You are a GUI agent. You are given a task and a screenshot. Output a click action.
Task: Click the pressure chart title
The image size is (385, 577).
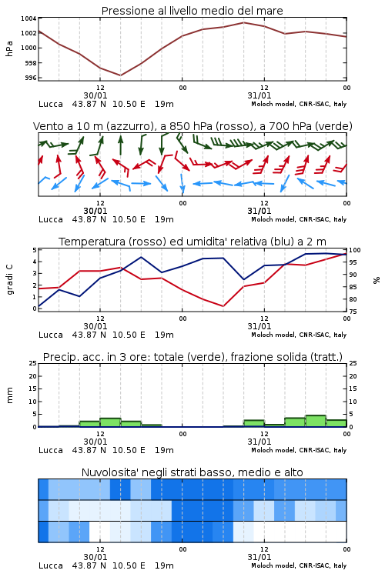pos(192,11)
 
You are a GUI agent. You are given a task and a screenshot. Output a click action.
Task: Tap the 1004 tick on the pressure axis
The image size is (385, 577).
pos(28,18)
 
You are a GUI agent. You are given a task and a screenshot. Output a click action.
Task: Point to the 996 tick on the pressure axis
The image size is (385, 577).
pos(31,78)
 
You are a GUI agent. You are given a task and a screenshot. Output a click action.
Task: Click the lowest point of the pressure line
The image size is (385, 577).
pos(120,75)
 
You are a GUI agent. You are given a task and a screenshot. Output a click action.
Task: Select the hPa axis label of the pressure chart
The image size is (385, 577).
pos(9,48)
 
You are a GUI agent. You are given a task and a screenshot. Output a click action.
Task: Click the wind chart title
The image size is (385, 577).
pos(192,126)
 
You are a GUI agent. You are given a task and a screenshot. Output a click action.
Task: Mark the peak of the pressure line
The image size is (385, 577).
pos(243,22)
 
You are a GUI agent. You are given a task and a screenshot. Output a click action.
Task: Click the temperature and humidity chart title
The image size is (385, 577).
pos(192,242)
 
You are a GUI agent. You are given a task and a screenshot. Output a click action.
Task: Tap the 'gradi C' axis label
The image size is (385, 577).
pos(10,279)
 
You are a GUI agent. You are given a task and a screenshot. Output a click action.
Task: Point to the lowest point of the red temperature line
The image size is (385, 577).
pos(223,306)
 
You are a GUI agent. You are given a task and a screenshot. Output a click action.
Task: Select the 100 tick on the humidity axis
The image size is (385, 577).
pos(355,250)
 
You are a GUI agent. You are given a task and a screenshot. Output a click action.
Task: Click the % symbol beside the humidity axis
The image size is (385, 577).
pos(377,280)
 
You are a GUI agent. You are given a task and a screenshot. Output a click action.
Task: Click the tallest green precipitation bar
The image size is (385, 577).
pos(316,421)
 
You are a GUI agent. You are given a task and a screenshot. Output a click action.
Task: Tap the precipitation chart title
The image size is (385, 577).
pos(192,357)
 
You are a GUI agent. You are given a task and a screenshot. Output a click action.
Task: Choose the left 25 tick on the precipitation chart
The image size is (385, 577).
pos(33,363)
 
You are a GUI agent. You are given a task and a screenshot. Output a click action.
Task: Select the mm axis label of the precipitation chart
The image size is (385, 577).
pos(10,395)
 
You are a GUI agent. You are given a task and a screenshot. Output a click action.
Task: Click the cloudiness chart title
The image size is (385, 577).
pos(192,472)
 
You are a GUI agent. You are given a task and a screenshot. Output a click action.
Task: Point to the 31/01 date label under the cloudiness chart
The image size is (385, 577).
pos(259,557)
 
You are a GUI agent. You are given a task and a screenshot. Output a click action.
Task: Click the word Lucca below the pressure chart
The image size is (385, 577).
pos(51,104)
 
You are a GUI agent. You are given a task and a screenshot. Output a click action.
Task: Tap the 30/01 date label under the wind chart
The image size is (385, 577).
pos(95,211)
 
